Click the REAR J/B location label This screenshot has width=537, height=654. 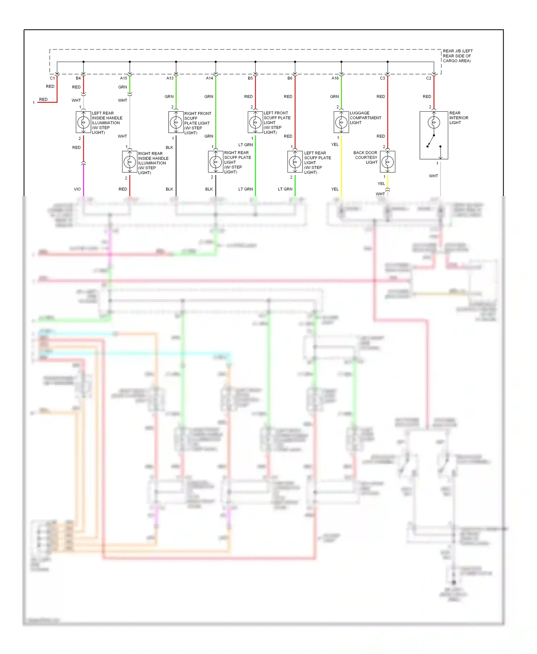(x=457, y=56)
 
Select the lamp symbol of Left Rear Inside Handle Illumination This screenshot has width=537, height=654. (x=83, y=122)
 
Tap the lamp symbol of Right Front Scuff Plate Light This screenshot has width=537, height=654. (x=176, y=122)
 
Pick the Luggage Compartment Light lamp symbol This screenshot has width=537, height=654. (x=341, y=122)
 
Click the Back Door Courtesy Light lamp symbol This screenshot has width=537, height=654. (x=387, y=162)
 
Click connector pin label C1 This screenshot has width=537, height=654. (x=52, y=78)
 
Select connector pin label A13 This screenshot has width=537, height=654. (x=170, y=78)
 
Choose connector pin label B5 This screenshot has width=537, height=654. (x=250, y=78)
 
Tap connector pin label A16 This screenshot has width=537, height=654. (x=335, y=78)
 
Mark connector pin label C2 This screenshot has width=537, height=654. (x=429, y=78)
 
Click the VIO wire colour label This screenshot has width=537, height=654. (x=77, y=189)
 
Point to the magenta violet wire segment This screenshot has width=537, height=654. (x=83, y=181)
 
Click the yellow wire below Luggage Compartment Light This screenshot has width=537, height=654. (x=341, y=165)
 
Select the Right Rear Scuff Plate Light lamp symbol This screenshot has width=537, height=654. (x=216, y=162)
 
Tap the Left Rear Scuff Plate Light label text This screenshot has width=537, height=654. (x=318, y=163)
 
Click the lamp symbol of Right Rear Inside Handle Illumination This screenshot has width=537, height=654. (x=130, y=162)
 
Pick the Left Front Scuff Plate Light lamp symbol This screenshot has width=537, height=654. (x=255, y=122)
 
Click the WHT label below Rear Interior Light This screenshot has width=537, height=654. (x=433, y=176)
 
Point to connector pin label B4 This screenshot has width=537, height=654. (x=78, y=78)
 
